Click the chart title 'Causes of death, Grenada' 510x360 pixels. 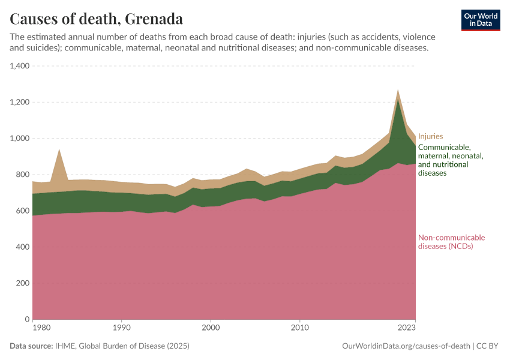click(x=97, y=19)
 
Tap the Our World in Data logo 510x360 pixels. click(x=480, y=20)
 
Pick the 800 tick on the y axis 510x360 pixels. click(x=23, y=175)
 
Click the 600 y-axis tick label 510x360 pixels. click(x=23, y=211)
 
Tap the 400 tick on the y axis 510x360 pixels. click(x=23, y=247)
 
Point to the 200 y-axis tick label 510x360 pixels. click(x=23, y=283)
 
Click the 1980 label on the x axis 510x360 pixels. click(x=41, y=328)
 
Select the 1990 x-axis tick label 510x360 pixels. click(x=122, y=328)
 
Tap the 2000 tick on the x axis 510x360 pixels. click(x=211, y=328)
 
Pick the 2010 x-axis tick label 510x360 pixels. click(x=299, y=328)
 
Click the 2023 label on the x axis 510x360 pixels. click(x=406, y=328)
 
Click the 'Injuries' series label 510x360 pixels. click(x=430, y=137)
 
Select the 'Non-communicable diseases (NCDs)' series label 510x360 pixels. click(x=451, y=242)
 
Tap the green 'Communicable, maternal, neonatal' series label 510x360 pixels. click(x=450, y=160)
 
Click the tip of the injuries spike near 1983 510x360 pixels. click(x=59, y=149)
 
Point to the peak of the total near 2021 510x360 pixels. click(x=398, y=91)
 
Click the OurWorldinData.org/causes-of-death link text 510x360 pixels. click(x=406, y=346)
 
